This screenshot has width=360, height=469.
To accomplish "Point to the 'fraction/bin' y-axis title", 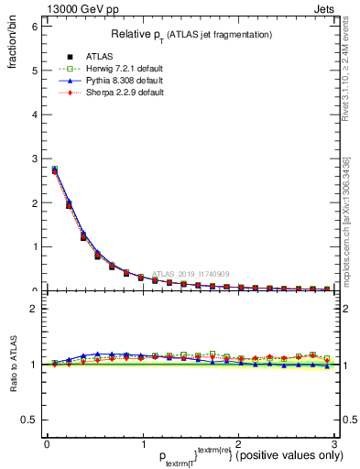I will (14, 46).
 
